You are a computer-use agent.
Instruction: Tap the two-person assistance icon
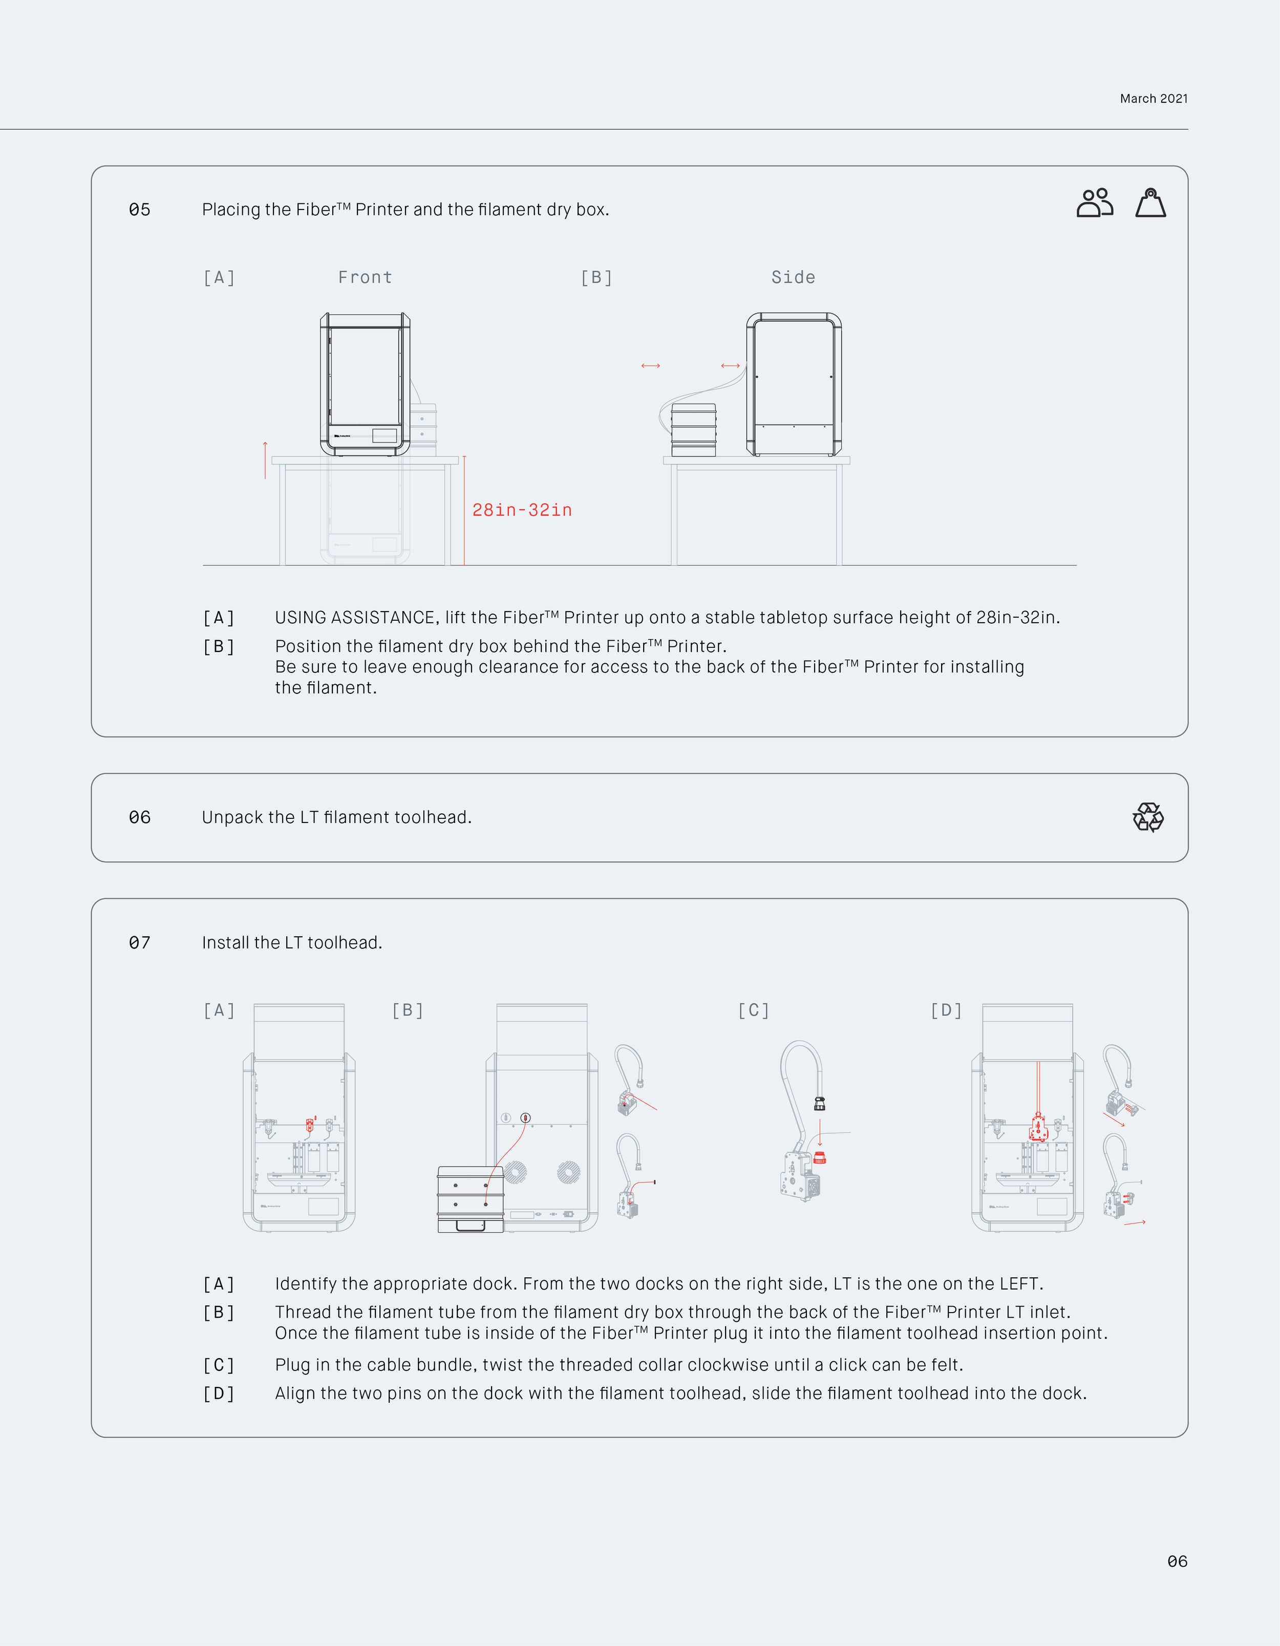point(1094,203)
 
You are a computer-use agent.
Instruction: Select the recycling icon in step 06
point(1147,817)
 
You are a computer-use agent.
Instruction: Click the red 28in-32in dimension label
point(521,510)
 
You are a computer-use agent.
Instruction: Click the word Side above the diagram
point(793,278)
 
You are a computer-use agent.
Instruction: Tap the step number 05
point(139,209)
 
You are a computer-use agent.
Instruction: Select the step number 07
point(139,943)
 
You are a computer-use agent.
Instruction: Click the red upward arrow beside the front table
point(265,460)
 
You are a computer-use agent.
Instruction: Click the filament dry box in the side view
point(693,430)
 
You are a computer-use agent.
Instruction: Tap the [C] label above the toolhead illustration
point(753,1010)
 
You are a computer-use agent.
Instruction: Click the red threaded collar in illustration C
point(820,1158)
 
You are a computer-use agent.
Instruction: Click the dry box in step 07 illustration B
point(470,1198)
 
